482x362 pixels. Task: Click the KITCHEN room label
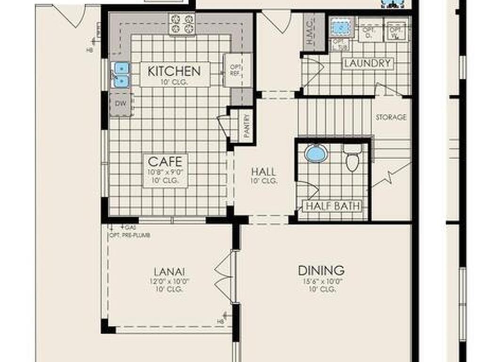pyautogui.click(x=174, y=71)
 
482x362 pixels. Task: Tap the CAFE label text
pyautogui.click(x=165, y=162)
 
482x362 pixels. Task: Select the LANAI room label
pyautogui.click(x=169, y=271)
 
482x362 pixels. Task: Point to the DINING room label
pyautogui.click(x=321, y=271)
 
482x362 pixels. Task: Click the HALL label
pyautogui.click(x=263, y=172)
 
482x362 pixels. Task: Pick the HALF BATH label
pyautogui.click(x=333, y=206)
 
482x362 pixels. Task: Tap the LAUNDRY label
pyautogui.click(x=368, y=63)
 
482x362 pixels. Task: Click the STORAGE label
pyautogui.click(x=391, y=117)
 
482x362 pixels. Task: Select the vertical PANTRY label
pyautogui.click(x=246, y=124)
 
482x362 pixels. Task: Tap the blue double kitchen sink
pyautogui.click(x=121, y=75)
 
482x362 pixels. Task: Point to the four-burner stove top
pyautogui.click(x=182, y=24)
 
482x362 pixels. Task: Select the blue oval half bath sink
pyautogui.click(x=316, y=153)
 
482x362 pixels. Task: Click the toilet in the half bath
pyautogui.click(x=352, y=158)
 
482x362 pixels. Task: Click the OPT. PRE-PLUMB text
pyautogui.click(x=129, y=235)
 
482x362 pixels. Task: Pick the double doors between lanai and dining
pyautogui.click(x=225, y=277)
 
